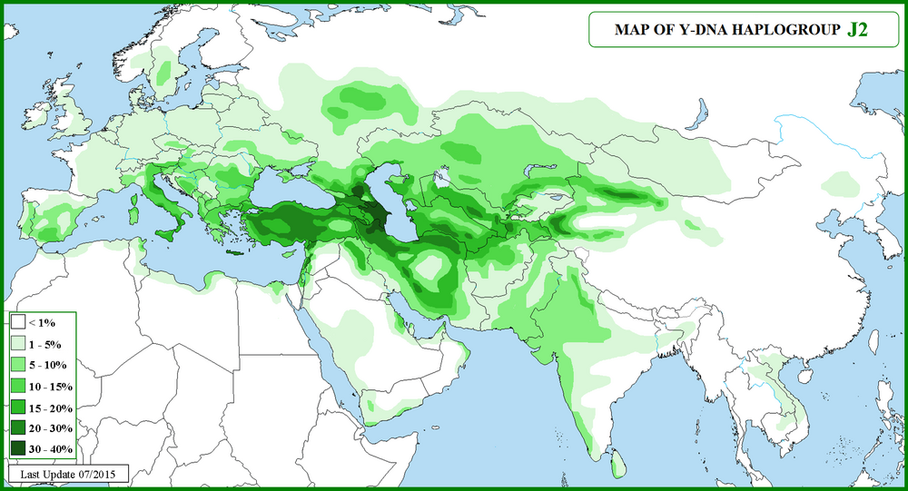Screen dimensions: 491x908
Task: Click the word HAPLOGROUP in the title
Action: point(790,29)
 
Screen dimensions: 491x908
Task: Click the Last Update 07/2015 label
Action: point(68,474)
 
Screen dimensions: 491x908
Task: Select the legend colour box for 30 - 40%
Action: point(18,448)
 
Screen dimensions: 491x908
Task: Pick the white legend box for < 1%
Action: point(18,323)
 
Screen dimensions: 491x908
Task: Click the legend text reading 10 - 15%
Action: point(50,386)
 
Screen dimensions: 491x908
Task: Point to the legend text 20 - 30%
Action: point(50,427)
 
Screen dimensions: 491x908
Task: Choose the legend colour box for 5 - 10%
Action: point(18,365)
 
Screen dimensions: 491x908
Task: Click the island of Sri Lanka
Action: point(617,464)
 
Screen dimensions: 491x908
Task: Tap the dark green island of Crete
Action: point(237,251)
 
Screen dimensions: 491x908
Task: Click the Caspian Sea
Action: point(387,198)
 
